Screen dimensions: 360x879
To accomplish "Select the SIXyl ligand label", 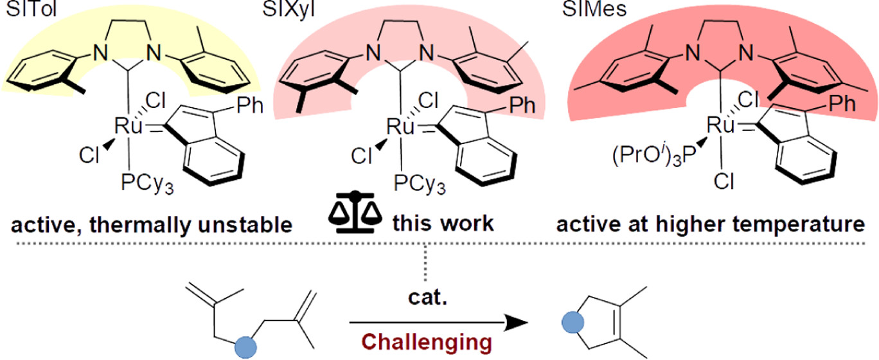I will tap(319, 8).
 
